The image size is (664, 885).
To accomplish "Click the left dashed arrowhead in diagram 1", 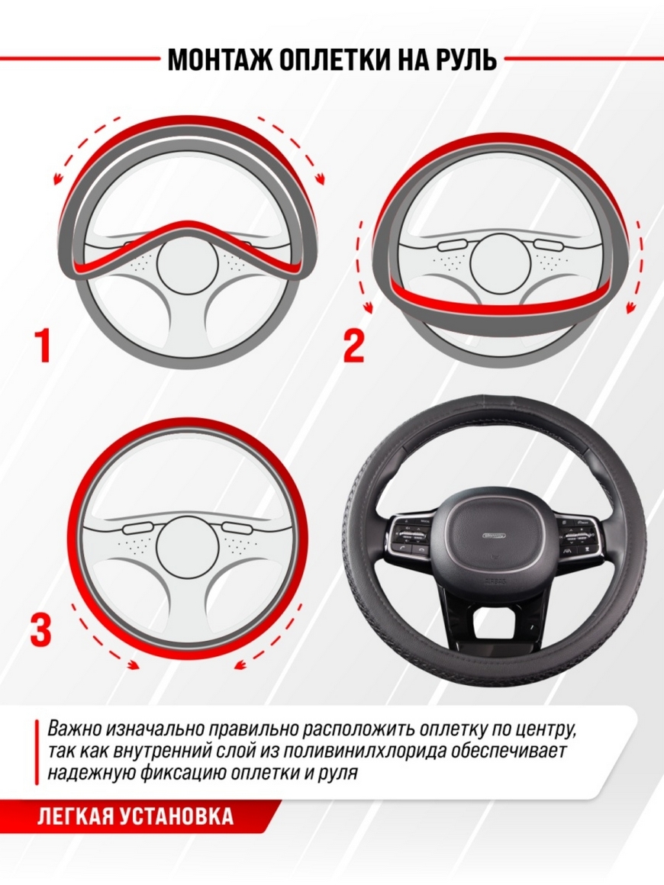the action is click(x=57, y=180).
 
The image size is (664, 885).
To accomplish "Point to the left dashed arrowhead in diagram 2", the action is click(x=369, y=307).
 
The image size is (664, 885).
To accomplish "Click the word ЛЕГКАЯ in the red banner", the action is click(x=71, y=816).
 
